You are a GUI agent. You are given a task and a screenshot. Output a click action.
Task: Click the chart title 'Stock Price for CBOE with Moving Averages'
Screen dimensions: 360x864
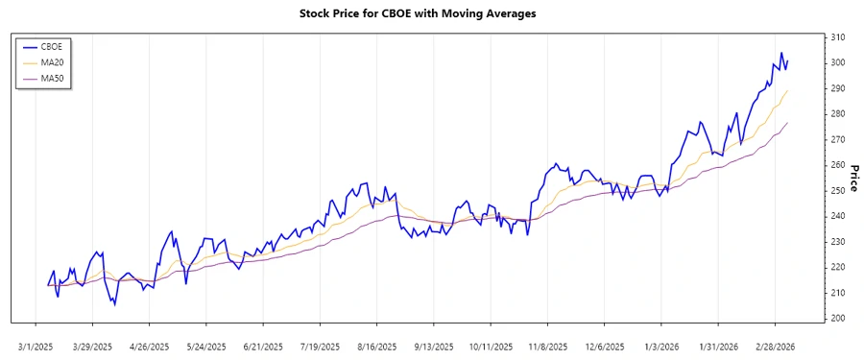pos(431,13)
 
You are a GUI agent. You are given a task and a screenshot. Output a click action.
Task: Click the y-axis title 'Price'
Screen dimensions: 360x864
pos(852,178)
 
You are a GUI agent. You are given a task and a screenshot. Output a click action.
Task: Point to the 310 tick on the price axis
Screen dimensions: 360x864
pos(837,37)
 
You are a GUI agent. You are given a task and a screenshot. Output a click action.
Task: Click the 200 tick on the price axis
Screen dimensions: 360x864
pos(837,319)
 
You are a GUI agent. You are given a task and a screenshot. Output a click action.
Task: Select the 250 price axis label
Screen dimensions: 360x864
pos(837,191)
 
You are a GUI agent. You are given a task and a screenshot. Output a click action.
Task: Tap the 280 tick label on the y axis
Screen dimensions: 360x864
pos(837,114)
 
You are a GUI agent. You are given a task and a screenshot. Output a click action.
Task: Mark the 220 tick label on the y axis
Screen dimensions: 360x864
pos(837,267)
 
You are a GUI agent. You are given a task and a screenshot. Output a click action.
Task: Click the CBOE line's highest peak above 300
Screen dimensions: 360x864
pos(781,53)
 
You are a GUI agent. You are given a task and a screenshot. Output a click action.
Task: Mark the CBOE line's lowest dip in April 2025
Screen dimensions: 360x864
pos(114,304)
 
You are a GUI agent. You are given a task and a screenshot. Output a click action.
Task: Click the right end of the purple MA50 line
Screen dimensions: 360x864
pos(787,123)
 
